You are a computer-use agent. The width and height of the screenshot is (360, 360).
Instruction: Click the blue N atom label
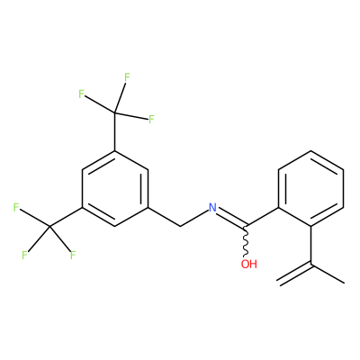click(x=212, y=207)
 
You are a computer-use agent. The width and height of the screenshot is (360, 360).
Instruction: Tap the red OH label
click(x=249, y=264)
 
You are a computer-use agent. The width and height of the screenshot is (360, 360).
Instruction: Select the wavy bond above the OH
click(x=246, y=241)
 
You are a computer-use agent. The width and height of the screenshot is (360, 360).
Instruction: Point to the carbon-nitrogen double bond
click(x=232, y=217)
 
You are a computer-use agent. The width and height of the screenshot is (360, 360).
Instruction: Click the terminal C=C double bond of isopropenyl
click(x=294, y=274)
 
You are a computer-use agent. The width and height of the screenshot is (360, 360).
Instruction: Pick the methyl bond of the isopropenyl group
click(x=328, y=274)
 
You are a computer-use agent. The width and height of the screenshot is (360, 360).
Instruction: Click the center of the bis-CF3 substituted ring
click(x=115, y=188)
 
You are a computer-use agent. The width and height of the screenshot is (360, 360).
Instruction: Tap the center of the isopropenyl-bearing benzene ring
click(x=311, y=188)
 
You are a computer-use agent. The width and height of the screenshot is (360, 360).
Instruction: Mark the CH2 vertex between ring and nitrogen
click(x=181, y=226)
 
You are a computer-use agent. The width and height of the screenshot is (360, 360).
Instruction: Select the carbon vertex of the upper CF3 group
click(x=115, y=112)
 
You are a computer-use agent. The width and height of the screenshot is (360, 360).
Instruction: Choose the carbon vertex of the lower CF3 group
click(x=49, y=226)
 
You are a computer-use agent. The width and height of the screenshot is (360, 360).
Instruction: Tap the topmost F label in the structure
click(x=127, y=77)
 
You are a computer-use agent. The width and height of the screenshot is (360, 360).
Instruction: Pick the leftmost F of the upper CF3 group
click(x=81, y=94)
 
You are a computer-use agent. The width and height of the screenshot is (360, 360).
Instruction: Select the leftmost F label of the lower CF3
click(x=16, y=207)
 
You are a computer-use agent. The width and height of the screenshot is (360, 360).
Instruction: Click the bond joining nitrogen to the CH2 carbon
click(x=194, y=218)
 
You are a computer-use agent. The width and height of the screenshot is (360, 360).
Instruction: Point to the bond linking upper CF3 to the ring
click(x=115, y=131)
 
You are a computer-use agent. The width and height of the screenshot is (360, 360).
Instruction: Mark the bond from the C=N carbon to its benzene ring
click(x=263, y=216)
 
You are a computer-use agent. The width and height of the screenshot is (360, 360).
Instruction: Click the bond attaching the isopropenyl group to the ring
click(x=311, y=245)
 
